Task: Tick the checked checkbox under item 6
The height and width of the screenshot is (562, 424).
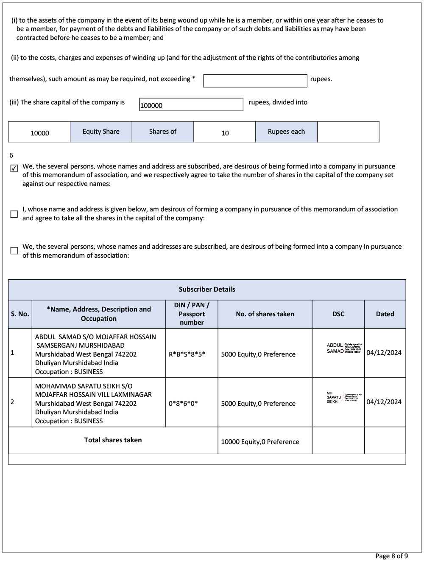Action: click(x=14, y=169)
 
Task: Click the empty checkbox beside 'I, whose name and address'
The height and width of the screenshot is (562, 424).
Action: click(x=14, y=214)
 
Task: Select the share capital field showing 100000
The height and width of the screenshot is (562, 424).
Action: click(x=191, y=105)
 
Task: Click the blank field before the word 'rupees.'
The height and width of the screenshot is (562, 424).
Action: click(x=255, y=81)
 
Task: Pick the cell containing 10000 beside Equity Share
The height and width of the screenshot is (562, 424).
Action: click(x=39, y=132)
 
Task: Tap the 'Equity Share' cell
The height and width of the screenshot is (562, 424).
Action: click(x=101, y=132)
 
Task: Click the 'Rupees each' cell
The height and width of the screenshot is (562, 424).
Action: click(x=286, y=132)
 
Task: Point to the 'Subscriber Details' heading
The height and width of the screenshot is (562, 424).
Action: click(x=207, y=289)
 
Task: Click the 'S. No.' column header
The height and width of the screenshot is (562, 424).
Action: click(x=20, y=314)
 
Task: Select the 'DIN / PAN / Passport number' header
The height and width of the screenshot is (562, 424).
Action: click(x=192, y=314)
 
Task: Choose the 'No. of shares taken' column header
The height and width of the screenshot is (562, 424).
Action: click(x=265, y=314)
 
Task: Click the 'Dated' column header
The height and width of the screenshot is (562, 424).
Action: click(x=385, y=314)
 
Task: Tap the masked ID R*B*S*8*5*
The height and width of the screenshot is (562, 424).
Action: click(x=187, y=354)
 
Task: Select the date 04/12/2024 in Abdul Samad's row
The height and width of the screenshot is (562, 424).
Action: click(x=384, y=353)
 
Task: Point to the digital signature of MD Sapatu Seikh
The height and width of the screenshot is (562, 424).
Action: click(x=343, y=398)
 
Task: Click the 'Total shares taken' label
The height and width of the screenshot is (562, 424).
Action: click(x=113, y=440)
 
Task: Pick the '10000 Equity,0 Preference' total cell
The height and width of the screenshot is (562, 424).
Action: click(x=260, y=442)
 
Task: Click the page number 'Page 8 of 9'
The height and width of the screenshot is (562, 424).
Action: click(x=391, y=556)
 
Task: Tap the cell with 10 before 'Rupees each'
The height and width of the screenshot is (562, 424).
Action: click(x=225, y=133)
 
